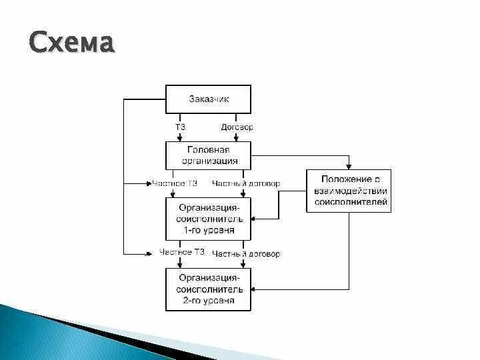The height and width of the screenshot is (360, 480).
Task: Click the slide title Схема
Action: tap(72, 45)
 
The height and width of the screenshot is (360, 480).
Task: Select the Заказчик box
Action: tap(208, 99)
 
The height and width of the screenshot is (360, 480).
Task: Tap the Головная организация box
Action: tap(208, 155)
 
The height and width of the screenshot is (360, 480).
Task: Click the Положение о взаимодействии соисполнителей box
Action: tap(348, 191)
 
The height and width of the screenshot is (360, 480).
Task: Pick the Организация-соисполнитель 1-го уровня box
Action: tap(208, 219)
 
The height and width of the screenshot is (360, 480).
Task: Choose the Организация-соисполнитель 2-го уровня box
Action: tap(208, 289)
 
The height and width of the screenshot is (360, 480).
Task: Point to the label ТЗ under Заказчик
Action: tap(179, 127)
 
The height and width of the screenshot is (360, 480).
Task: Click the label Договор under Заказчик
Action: tap(236, 127)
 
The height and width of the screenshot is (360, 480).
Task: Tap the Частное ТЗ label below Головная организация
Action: tap(175, 183)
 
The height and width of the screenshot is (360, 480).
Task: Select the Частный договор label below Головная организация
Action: tap(245, 183)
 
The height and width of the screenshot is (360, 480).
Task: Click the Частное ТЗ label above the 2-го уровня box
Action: tap(182, 253)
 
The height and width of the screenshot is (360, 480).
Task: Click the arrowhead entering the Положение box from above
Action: tap(348, 167)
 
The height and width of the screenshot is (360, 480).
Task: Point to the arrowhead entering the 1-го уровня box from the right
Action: tap(255, 218)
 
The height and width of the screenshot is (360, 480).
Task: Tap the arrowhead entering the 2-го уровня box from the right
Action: tap(255, 289)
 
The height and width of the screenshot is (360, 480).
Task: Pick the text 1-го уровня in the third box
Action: tap(208, 230)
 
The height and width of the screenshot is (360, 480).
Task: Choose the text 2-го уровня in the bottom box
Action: tap(208, 301)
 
